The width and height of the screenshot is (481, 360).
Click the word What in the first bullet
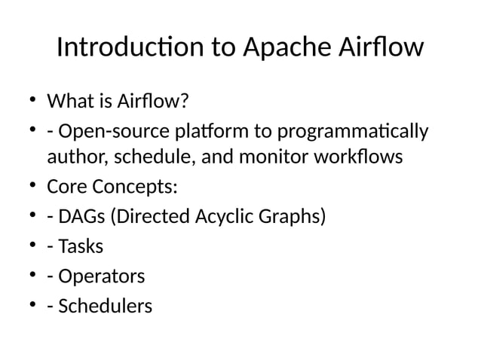(69, 101)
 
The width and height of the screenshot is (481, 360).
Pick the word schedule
(141, 159)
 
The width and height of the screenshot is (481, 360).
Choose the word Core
(66, 187)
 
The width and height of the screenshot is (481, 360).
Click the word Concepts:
(133, 187)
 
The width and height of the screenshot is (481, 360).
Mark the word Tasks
(80, 247)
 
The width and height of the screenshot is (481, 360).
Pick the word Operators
(100, 277)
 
